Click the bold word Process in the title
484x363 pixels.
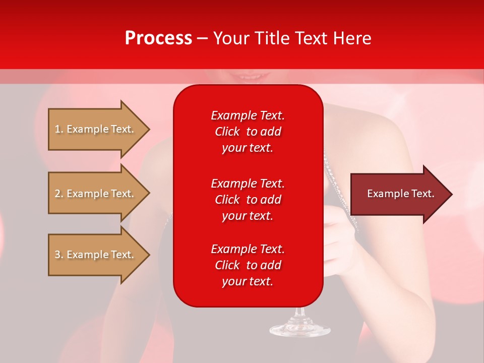pos(158,38)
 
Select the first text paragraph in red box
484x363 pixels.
pos(248,132)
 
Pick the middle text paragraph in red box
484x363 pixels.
pos(248,200)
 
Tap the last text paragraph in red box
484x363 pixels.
pos(248,265)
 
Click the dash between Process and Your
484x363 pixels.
pos(203,38)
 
